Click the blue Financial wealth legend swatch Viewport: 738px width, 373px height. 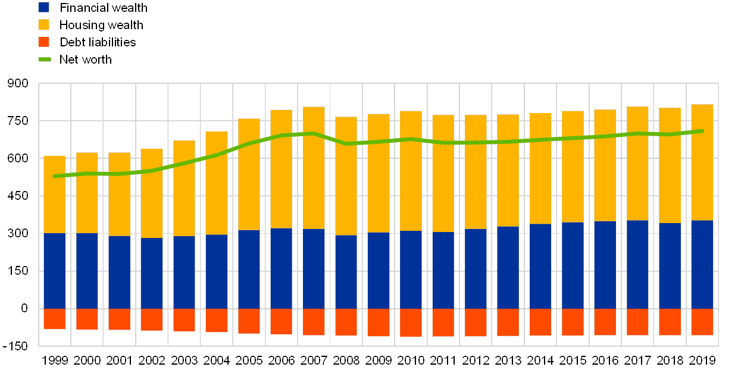click(43, 7)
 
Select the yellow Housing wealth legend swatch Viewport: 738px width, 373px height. click(43, 24)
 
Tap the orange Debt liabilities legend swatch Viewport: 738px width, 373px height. click(43, 42)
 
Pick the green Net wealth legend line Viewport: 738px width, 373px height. click(45, 59)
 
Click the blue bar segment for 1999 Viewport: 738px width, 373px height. click(55, 271)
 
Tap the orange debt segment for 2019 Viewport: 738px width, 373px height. click(702, 322)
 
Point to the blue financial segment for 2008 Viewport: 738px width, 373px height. click(346, 272)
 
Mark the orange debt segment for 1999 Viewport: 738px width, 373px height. click(55, 319)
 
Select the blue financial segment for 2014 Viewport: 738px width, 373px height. click(540, 266)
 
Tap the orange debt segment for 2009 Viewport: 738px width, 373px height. click(379, 322)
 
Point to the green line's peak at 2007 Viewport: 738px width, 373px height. click(314, 133)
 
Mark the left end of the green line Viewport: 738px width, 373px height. click(55, 176)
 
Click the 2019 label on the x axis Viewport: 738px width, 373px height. click(702, 361)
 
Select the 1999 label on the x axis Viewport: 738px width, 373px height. click(55, 361)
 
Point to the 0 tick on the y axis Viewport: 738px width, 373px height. click(24, 308)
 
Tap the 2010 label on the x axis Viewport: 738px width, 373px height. click(411, 361)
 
